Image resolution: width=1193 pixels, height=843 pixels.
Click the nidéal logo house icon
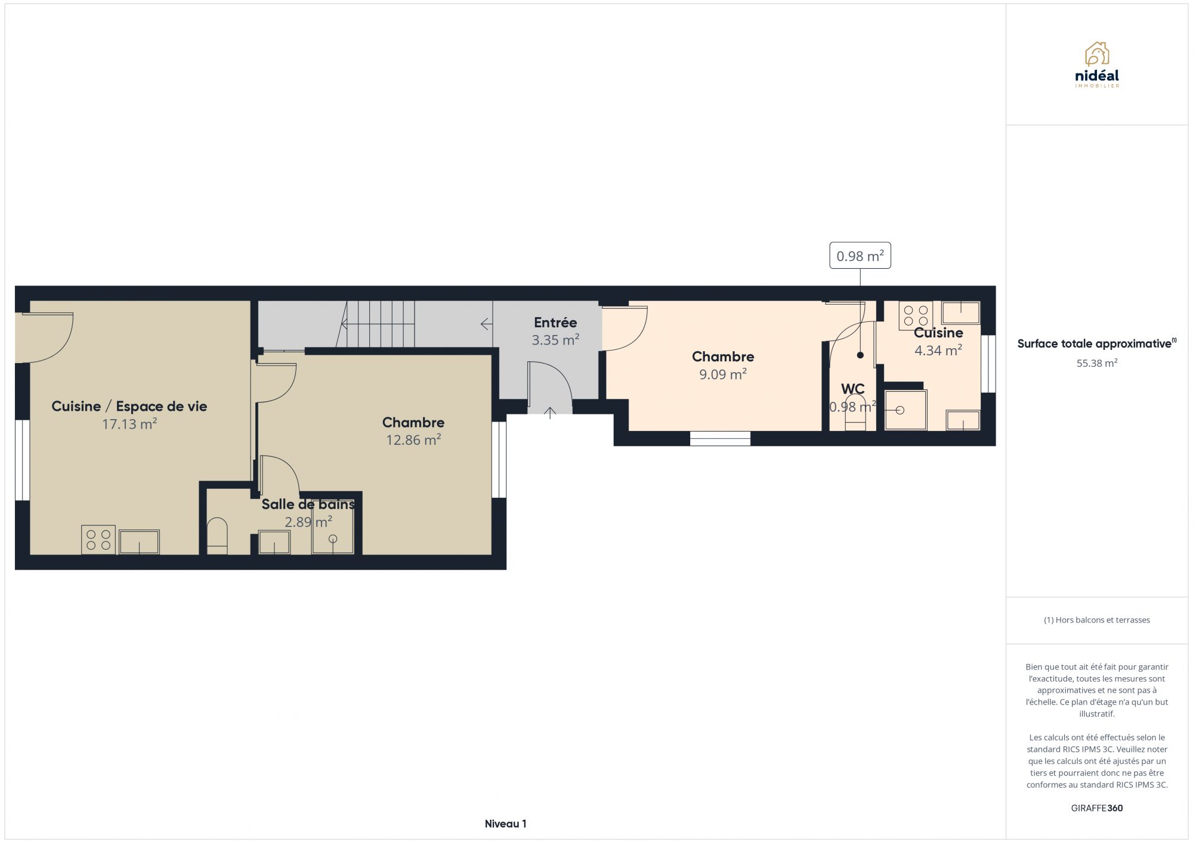1096,54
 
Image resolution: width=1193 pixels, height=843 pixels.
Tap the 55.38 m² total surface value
1096,363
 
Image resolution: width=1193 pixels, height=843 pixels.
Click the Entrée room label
555,323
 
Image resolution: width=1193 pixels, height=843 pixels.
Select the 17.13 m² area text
129,424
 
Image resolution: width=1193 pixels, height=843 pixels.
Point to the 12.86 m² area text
413,440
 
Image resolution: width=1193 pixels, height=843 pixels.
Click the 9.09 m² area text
723,374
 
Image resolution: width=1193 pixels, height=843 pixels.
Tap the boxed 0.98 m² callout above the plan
860,256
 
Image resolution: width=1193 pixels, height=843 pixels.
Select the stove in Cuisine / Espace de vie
98,540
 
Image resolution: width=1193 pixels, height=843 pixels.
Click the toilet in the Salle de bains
217,536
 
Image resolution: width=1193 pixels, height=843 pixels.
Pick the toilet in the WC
855,412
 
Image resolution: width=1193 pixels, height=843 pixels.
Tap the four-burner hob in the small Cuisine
916,316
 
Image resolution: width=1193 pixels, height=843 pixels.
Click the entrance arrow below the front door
550,413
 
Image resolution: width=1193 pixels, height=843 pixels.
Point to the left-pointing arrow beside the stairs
486,324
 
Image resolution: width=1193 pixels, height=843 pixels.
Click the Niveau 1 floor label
506,824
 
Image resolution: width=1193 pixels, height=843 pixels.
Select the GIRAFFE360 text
1096,808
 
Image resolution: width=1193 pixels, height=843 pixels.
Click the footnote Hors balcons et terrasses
1096,620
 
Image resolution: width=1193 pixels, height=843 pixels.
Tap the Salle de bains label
308,504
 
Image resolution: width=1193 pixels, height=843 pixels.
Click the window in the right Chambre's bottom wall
720,438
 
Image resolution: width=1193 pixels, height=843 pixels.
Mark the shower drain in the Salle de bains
333,539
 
